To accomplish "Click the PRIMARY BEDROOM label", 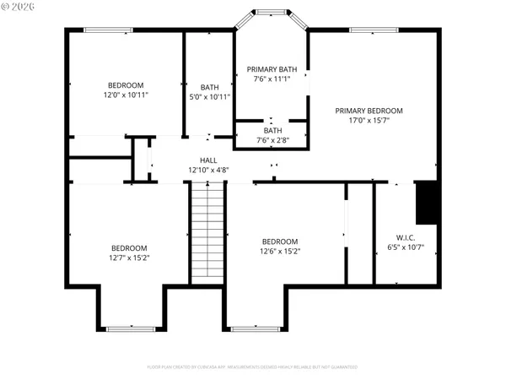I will click(x=369, y=111).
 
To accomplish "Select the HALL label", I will click(x=208, y=160).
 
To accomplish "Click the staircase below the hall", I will click(x=208, y=232).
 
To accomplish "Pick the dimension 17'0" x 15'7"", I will click(x=369, y=121).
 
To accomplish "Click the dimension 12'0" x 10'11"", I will click(x=126, y=95).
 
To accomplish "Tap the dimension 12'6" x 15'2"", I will click(x=279, y=251).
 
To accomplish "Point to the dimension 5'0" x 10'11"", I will click(x=209, y=97).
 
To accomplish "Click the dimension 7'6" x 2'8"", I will click(x=272, y=141).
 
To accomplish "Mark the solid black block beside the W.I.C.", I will click(x=428, y=203).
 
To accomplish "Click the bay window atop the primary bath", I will click(x=271, y=12).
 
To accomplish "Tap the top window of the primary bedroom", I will click(x=374, y=30).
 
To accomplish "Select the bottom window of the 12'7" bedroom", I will click(x=129, y=328).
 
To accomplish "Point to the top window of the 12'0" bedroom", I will click(x=107, y=30).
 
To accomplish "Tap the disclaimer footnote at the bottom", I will click(x=252, y=367).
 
